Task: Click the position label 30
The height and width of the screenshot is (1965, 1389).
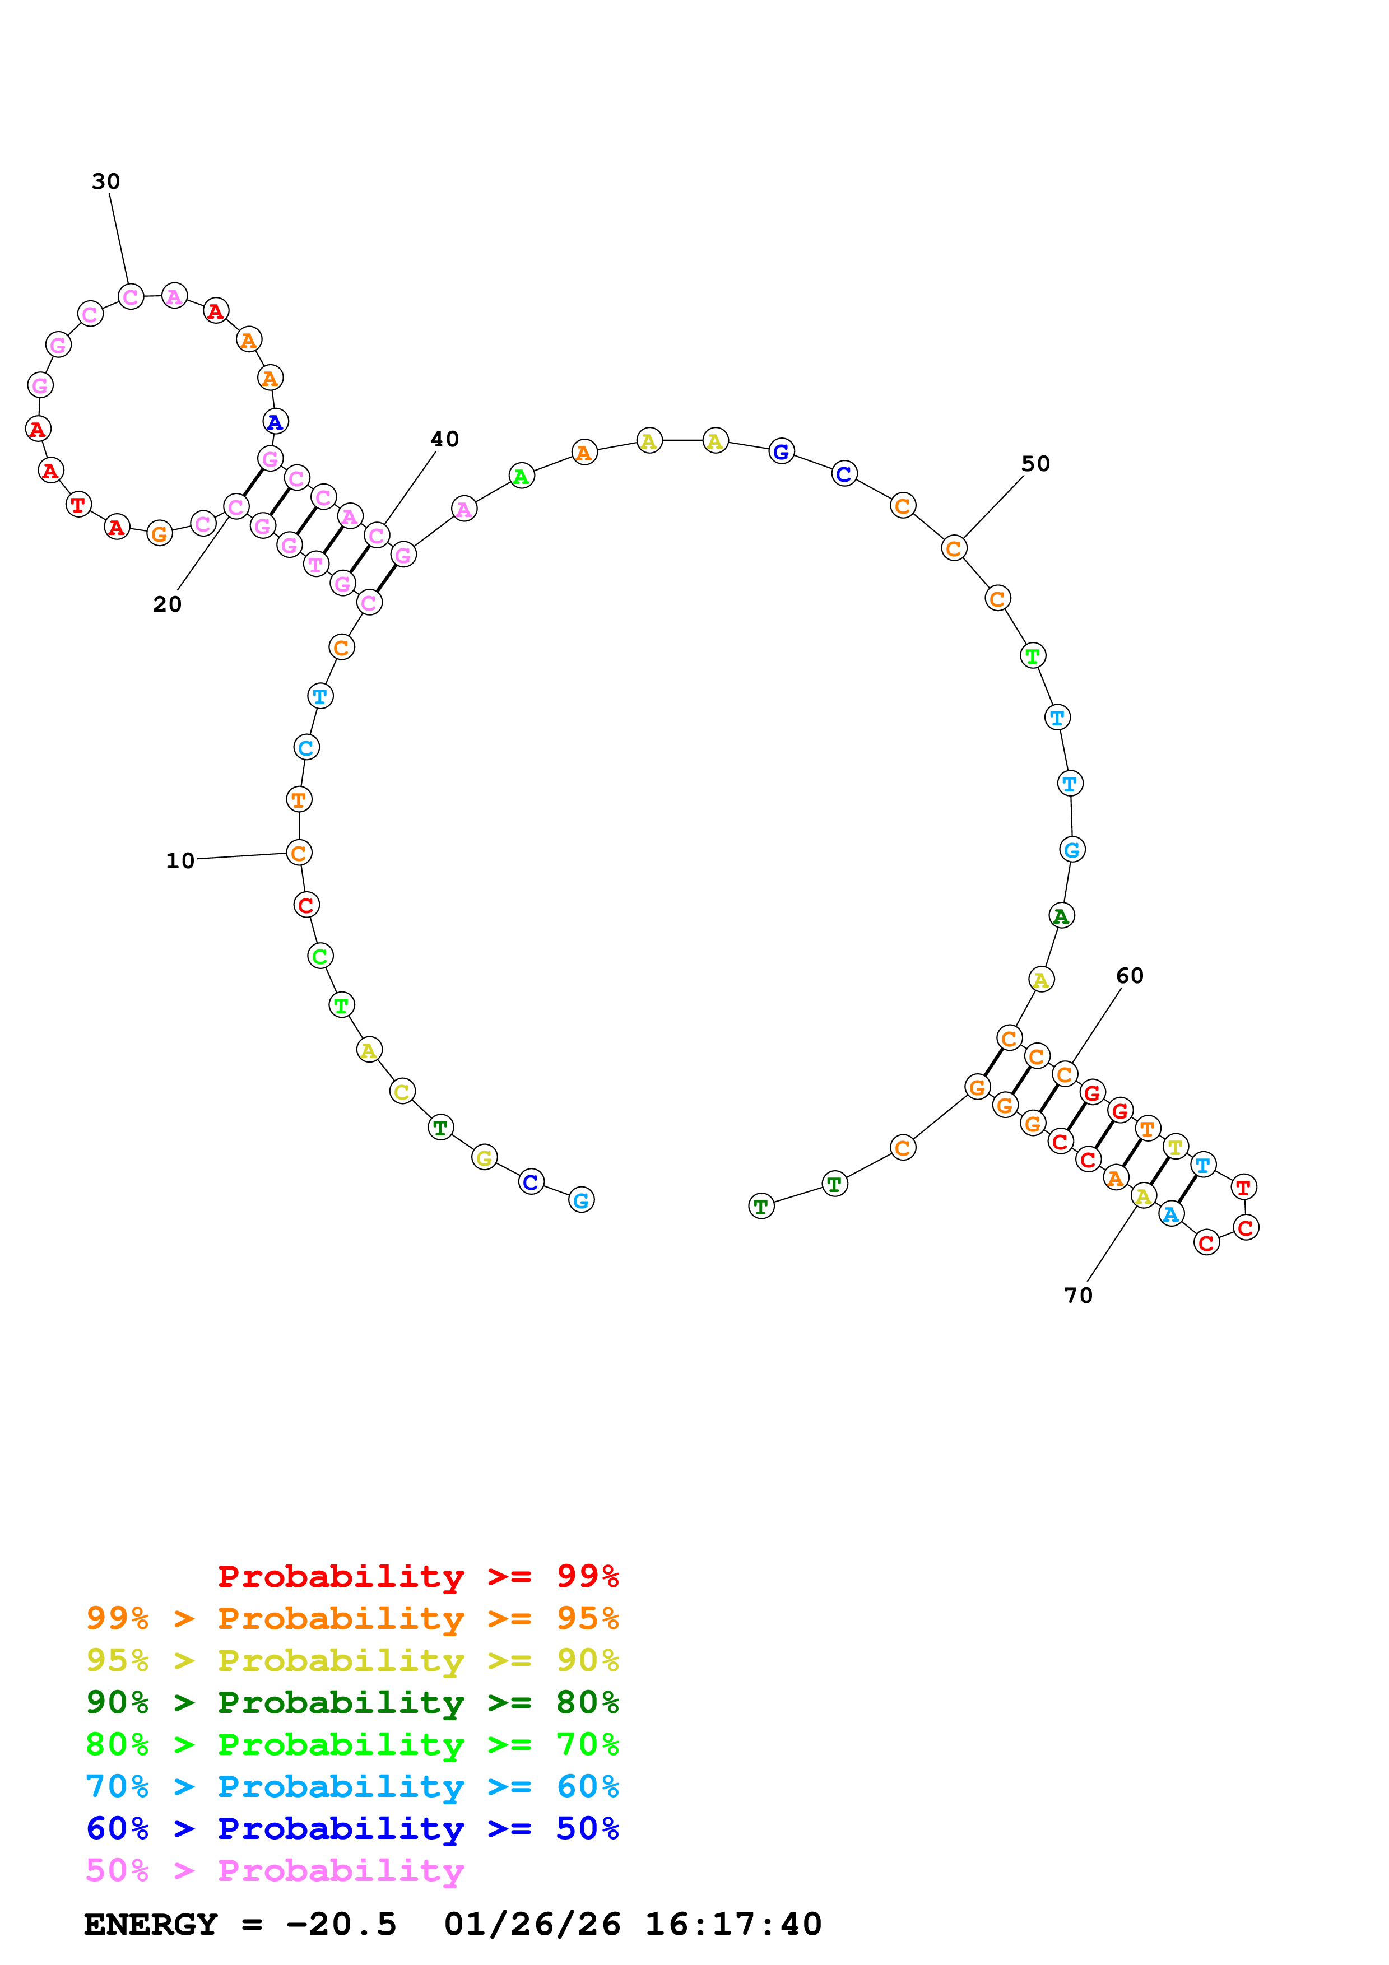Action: coord(106,181)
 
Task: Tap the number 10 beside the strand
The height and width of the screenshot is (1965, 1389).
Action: coord(180,861)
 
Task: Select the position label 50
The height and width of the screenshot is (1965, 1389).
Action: coord(1035,464)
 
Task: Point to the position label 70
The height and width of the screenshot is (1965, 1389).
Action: coord(1079,1296)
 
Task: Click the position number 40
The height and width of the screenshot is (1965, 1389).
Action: coord(445,439)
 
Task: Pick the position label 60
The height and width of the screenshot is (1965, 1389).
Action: coord(1130,976)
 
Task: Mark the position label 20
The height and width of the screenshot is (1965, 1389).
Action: coord(168,604)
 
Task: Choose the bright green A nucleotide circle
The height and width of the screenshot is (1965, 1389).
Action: coord(521,476)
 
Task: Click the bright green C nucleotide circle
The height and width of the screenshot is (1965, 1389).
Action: coord(320,956)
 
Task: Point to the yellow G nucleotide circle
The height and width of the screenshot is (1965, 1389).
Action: coord(485,1157)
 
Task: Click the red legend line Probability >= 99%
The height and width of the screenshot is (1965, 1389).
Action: coord(417,1576)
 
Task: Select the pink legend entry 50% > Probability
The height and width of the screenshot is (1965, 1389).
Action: coord(275,1871)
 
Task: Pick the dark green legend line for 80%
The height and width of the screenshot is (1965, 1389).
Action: coord(352,1702)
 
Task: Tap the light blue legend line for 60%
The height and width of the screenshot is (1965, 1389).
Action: coord(352,1787)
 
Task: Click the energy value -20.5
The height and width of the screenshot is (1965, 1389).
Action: coord(341,1925)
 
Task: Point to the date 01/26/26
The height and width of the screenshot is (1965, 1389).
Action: coord(532,1925)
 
